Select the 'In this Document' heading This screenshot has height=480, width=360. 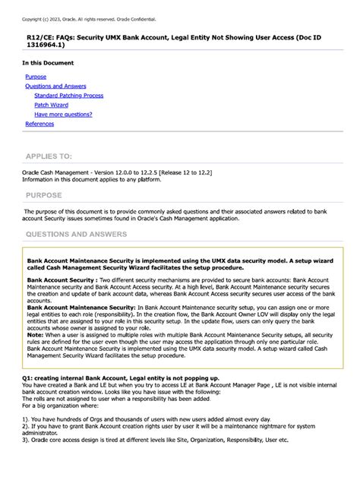click(x=48, y=63)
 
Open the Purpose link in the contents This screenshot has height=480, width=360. click(x=36, y=77)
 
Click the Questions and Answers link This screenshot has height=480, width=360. click(x=55, y=87)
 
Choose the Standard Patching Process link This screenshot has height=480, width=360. click(x=69, y=96)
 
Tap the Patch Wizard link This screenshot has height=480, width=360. click(x=52, y=105)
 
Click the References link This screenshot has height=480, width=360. click(x=39, y=124)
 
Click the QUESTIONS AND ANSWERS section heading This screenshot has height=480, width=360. click(x=77, y=235)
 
